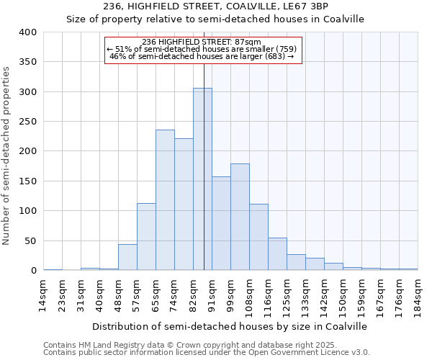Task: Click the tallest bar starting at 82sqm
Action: (202, 179)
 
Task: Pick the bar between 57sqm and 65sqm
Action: (146, 237)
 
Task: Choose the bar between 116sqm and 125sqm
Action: (277, 254)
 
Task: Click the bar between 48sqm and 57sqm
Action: (127, 258)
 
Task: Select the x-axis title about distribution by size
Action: (230, 326)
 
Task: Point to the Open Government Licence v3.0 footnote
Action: (207, 352)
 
